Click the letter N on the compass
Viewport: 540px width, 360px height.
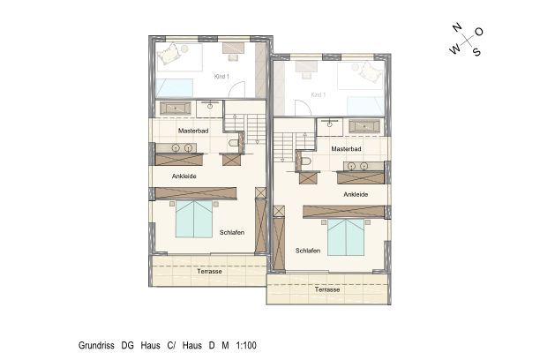457,27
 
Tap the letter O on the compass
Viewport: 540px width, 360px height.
479,32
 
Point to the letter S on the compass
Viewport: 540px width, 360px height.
476,52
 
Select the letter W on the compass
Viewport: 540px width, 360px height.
454,49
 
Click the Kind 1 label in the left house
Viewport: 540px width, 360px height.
221,77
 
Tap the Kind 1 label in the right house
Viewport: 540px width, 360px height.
319,94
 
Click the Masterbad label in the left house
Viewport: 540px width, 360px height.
193,131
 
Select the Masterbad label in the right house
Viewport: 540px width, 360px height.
346,149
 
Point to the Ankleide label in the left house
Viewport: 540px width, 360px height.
184,176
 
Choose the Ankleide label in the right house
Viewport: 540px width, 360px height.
356,195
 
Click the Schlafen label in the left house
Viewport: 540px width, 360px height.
232,233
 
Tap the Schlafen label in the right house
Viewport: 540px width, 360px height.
308,251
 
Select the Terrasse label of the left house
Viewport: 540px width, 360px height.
209,272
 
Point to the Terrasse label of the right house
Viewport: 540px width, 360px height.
327,289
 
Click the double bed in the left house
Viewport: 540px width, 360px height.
194,219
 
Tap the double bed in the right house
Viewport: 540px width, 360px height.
346,237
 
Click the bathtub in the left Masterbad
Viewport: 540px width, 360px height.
176,109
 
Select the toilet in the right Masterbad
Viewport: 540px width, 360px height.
305,161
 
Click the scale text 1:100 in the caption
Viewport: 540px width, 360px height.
246,346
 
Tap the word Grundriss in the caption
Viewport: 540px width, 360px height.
96,346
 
